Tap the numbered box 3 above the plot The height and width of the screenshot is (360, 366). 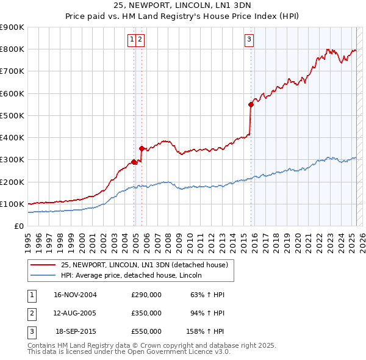249,40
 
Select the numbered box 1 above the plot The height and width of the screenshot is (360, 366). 132,40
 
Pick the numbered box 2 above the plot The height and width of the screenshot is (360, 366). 140,40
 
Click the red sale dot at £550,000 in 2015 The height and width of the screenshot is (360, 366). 251,104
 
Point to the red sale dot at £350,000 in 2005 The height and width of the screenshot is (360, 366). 142,148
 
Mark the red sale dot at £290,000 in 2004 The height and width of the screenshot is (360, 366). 134,162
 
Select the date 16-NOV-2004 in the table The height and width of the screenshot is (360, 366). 75,295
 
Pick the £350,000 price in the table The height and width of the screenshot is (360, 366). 146,313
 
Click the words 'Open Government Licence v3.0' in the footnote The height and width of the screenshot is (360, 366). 176,352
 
